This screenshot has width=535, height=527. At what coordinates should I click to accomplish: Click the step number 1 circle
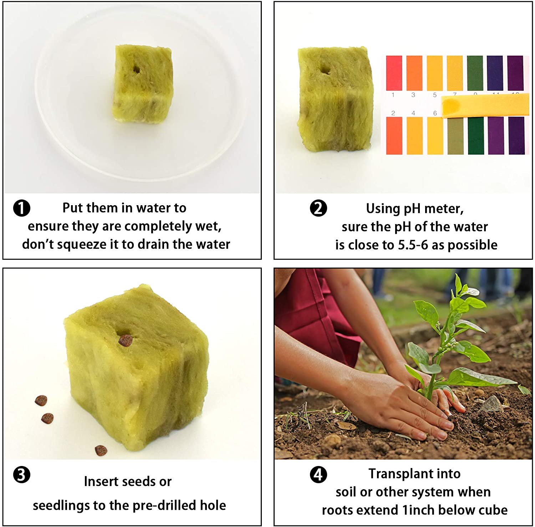(x=22, y=208)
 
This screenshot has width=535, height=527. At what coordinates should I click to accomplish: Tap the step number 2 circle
(x=318, y=208)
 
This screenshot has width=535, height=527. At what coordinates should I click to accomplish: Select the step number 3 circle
(x=22, y=475)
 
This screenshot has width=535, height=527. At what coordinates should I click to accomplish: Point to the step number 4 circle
(x=318, y=475)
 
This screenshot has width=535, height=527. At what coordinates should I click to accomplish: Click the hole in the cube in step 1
(x=136, y=69)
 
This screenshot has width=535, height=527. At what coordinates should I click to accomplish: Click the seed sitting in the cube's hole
(x=125, y=340)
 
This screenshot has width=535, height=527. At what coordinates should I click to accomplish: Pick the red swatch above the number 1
(x=394, y=73)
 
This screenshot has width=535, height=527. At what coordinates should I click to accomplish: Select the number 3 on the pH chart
(x=413, y=95)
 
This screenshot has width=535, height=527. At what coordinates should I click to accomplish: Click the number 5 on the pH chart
(x=434, y=95)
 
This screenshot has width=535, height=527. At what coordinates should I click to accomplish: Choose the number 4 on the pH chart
(x=413, y=113)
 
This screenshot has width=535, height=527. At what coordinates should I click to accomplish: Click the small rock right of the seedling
(x=492, y=404)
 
